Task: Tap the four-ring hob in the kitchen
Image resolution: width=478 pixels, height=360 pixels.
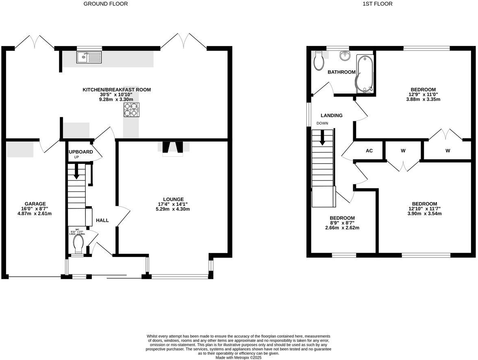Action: pyautogui.click(x=131, y=110)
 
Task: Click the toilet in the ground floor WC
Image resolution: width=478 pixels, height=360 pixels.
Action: pyautogui.click(x=78, y=244)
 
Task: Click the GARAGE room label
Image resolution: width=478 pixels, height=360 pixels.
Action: pyautogui.click(x=35, y=204)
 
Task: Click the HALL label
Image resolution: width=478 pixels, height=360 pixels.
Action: pyautogui.click(x=102, y=220)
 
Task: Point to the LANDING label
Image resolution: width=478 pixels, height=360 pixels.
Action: pyautogui.click(x=331, y=116)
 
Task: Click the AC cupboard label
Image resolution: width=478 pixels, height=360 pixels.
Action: pyautogui.click(x=369, y=151)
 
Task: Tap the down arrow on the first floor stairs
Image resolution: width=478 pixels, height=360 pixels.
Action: pyautogui.click(x=323, y=137)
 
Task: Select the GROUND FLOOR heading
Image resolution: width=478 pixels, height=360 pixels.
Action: pyautogui.click(x=105, y=4)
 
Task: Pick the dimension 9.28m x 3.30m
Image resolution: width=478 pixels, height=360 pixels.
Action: pyautogui.click(x=117, y=99)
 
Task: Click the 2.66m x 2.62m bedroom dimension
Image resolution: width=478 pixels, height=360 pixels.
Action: pyautogui.click(x=342, y=228)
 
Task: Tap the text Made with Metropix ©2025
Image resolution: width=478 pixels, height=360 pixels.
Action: pyautogui.click(x=239, y=358)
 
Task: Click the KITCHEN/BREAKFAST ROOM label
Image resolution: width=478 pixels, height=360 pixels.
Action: pyautogui.click(x=117, y=89)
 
